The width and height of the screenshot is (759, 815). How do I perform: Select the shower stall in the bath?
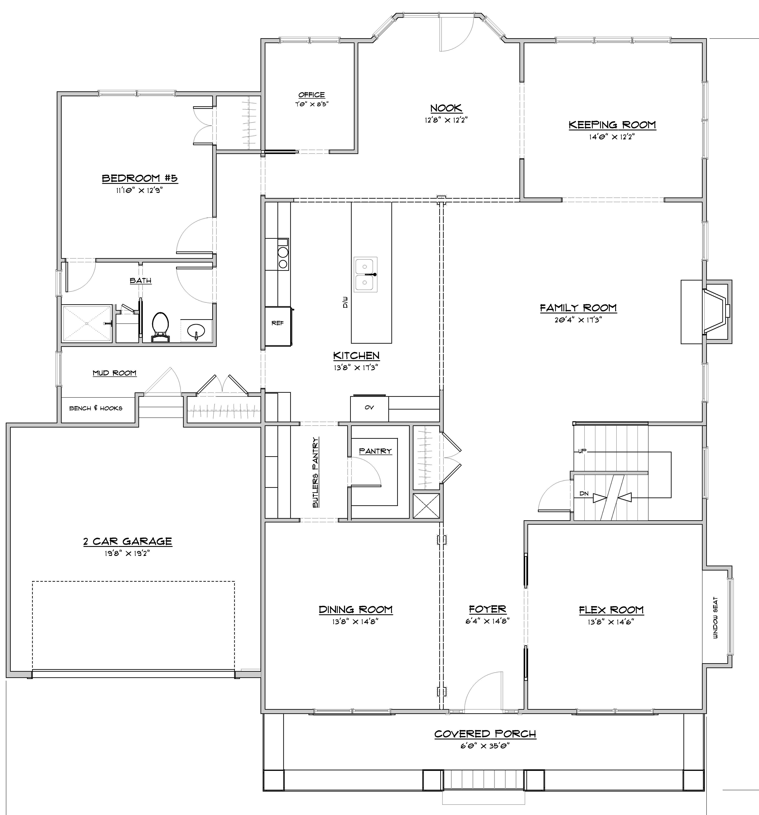click(x=87, y=323)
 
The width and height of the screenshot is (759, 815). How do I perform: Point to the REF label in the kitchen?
click(x=278, y=323)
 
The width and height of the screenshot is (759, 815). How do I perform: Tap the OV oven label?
click(x=369, y=407)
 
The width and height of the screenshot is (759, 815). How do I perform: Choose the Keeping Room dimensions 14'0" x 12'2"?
click(x=612, y=137)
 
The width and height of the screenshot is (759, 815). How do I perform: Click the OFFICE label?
click(x=312, y=95)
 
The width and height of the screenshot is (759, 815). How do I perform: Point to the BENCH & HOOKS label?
click(x=96, y=408)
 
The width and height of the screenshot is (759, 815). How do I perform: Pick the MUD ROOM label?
click(x=114, y=373)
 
